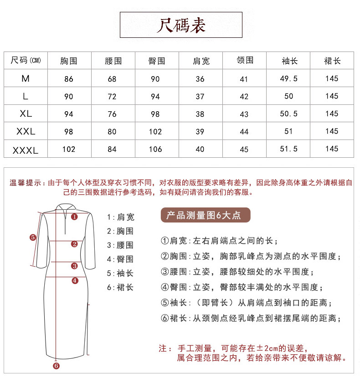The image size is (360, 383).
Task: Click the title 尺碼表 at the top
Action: tap(181, 25)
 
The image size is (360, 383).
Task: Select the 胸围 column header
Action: tap(69, 61)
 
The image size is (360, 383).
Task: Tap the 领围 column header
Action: tap(245, 60)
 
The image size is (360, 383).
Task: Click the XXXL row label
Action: tap(26, 149)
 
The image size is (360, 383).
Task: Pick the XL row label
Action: tap(26, 114)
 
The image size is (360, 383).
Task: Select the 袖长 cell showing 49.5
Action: tap(288, 78)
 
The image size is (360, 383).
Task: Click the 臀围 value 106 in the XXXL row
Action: tap(155, 149)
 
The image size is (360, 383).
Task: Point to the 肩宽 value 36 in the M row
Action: tap(200, 79)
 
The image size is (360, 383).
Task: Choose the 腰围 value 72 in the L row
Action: tap(112, 97)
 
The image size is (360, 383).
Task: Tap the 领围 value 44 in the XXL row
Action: tap(244, 132)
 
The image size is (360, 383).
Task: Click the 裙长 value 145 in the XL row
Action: tap(332, 114)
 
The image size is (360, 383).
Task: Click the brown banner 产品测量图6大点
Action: tap(204, 215)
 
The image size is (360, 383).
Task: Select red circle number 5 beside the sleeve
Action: tap(33, 237)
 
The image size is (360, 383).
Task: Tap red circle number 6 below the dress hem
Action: tap(56, 365)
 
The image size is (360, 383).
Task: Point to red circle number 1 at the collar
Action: tap(74, 217)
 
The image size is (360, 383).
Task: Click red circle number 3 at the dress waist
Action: tap(74, 266)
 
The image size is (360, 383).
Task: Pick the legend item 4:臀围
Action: tap(120, 259)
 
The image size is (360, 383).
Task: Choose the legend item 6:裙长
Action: tap(120, 287)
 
